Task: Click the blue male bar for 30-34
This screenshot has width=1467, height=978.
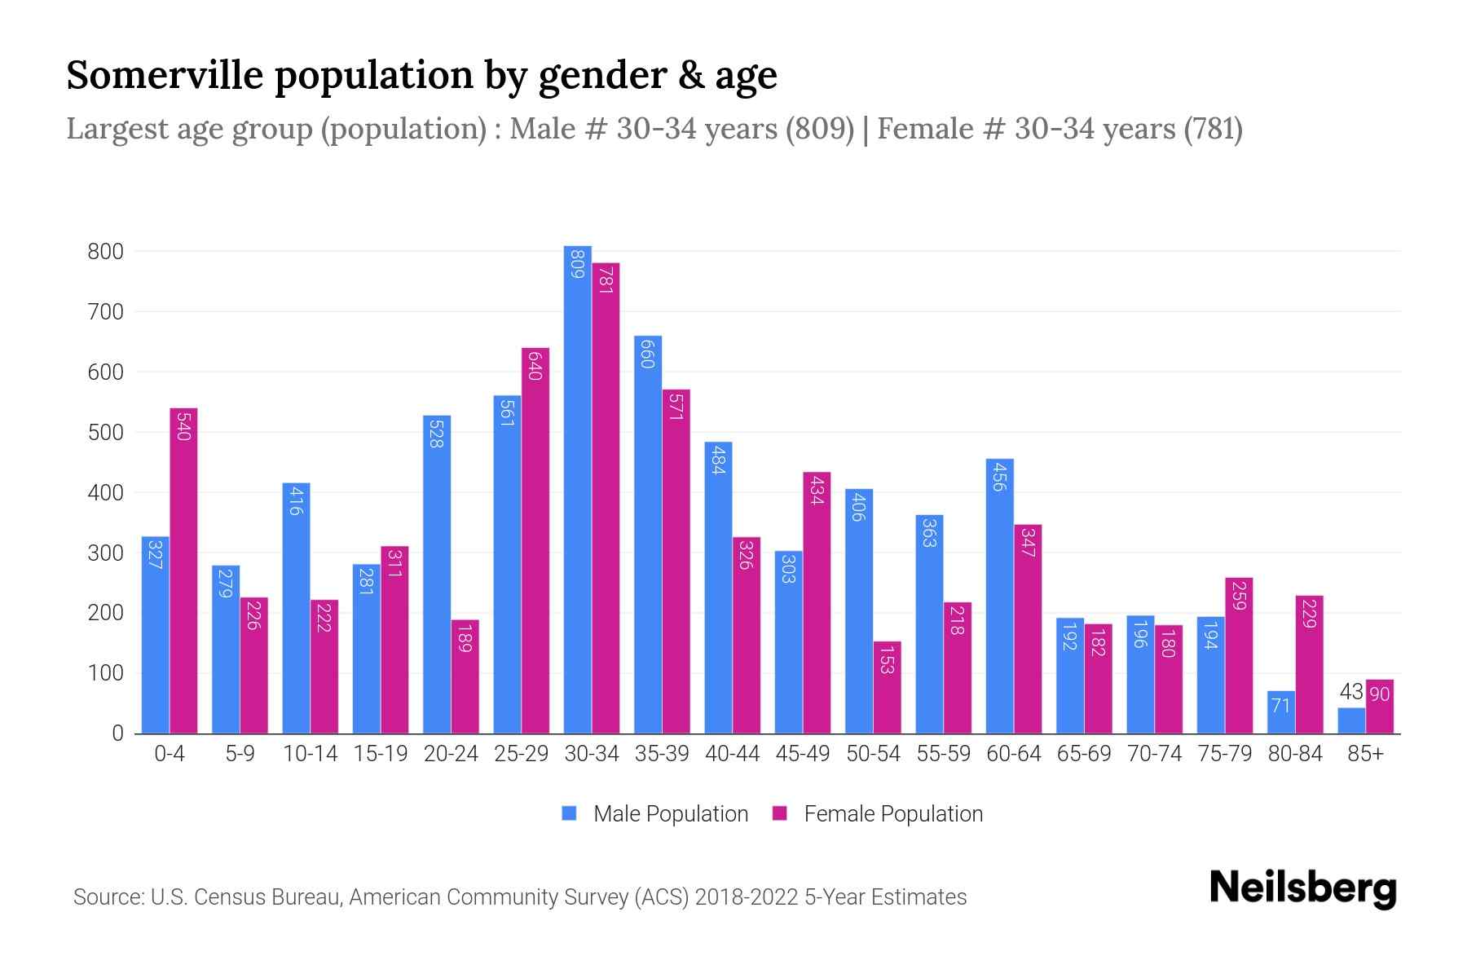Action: point(578,489)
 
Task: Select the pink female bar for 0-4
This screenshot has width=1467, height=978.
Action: point(183,570)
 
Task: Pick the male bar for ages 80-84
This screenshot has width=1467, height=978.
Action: point(1281,712)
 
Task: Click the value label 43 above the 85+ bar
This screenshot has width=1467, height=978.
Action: point(1351,692)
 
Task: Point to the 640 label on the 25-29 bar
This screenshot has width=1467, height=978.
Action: point(535,365)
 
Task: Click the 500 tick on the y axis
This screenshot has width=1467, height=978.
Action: point(105,433)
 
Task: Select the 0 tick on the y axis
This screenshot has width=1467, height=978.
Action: point(117,733)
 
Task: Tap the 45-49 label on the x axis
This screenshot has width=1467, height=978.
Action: point(803,754)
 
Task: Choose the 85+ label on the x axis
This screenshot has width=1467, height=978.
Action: point(1365,754)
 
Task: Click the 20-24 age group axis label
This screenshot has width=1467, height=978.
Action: point(451,754)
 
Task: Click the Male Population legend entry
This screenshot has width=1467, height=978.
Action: point(670,814)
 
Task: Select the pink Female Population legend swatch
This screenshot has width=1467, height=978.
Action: point(781,813)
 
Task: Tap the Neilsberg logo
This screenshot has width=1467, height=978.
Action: point(1302,888)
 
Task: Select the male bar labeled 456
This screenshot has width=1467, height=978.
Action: point(999,596)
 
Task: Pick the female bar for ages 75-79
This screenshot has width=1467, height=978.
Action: point(1238,655)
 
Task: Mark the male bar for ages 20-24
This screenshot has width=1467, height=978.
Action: point(437,575)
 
